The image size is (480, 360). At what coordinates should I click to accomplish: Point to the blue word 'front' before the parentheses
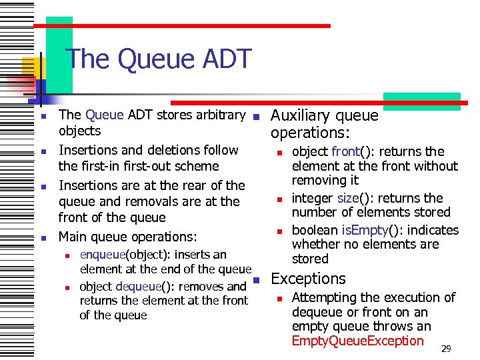pos(346,151)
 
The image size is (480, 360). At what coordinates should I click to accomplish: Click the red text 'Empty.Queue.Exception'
pos(358,341)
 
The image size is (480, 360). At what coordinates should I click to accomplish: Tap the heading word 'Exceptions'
pos(308,279)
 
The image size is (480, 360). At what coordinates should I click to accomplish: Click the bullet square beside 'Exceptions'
pos(255,279)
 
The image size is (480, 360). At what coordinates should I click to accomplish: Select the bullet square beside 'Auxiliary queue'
pos(255,116)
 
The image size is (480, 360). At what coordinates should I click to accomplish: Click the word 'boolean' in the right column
pos(315,230)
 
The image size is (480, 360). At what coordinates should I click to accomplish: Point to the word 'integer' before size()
pos(314,198)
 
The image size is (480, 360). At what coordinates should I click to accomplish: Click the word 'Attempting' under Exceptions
pos(325,297)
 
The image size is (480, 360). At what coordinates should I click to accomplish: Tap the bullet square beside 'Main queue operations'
pos(41,237)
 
